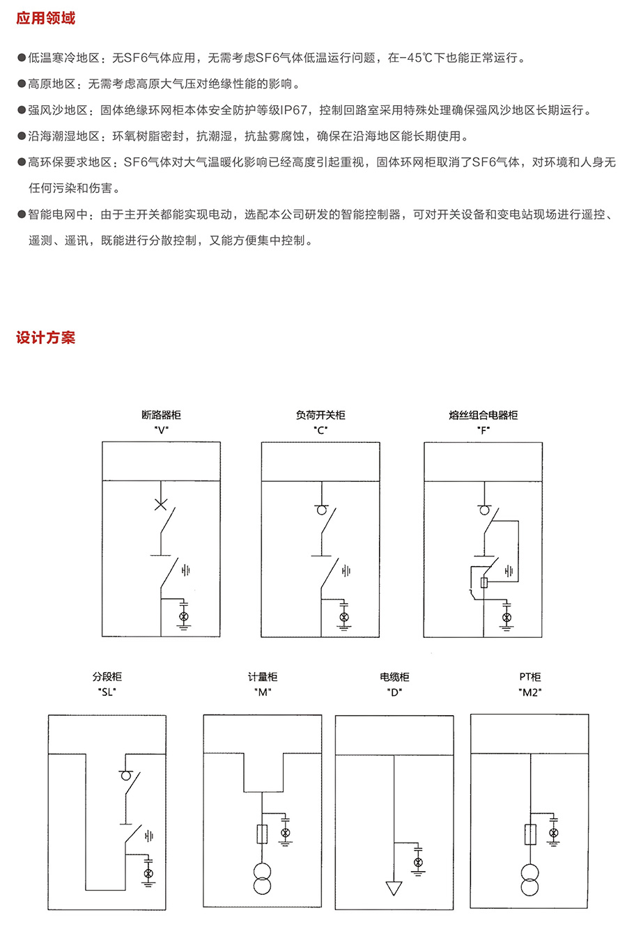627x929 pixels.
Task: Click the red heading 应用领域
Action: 46,19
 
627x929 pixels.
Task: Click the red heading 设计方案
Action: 46,338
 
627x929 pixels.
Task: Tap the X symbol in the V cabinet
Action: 161,504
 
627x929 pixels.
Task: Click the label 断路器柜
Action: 161,415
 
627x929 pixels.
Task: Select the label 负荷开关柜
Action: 320,415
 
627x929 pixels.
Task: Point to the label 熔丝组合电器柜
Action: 483,415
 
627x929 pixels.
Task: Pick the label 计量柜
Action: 263,677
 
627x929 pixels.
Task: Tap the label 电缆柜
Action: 394,677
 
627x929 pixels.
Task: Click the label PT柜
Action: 530,677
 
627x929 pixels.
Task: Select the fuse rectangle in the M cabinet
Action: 262,834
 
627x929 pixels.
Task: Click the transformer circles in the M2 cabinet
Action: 530,880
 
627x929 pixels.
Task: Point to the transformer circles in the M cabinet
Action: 262,879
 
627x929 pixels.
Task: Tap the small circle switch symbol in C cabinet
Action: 322,510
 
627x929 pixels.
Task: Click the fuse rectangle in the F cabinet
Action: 484,583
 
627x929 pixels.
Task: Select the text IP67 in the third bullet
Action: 294,110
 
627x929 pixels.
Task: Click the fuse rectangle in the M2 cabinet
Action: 530,834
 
